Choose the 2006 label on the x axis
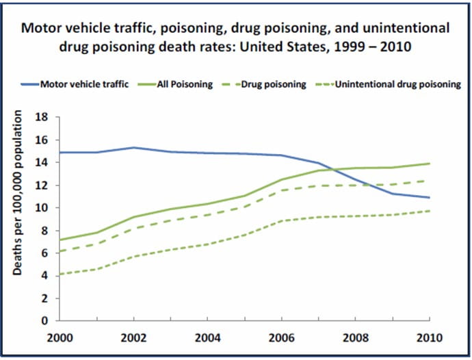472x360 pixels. coord(281,337)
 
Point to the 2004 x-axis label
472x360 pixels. coord(207,337)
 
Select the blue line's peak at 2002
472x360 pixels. coord(133,147)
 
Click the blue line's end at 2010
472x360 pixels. coord(430,198)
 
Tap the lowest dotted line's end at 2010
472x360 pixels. coord(430,211)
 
